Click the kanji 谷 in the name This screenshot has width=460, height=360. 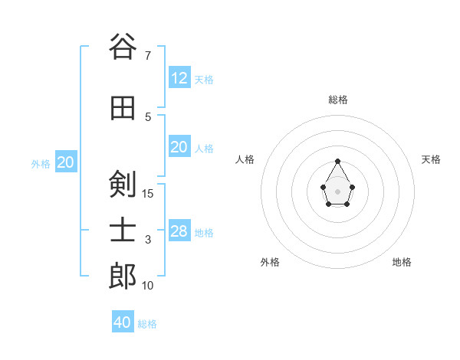point(123,47)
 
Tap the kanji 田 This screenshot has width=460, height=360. point(123,108)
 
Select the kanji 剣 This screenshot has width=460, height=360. point(123,184)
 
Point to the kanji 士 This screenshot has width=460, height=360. point(123,231)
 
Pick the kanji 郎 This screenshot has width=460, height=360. point(123,277)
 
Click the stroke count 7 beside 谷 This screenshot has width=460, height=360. point(148,55)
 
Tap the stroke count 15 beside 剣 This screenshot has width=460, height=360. point(148,193)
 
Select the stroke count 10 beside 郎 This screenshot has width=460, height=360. point(148,285)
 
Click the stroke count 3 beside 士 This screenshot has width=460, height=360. point(148,240)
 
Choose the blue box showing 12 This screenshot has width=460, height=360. point(179,78)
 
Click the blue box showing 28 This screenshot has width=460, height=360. point(179,231)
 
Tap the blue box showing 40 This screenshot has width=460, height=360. point(123,322)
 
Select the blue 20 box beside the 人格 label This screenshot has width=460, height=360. point(179,147)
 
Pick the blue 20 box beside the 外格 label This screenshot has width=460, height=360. point(66,162)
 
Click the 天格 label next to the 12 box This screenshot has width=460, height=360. point(204,80)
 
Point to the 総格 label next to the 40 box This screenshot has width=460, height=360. point(147,324)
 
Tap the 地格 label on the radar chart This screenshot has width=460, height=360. point(402,262)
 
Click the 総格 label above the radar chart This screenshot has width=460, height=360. point(338,100)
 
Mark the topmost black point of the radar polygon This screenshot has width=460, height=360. point(338,161)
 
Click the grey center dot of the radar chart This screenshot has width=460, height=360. point(338,190)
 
